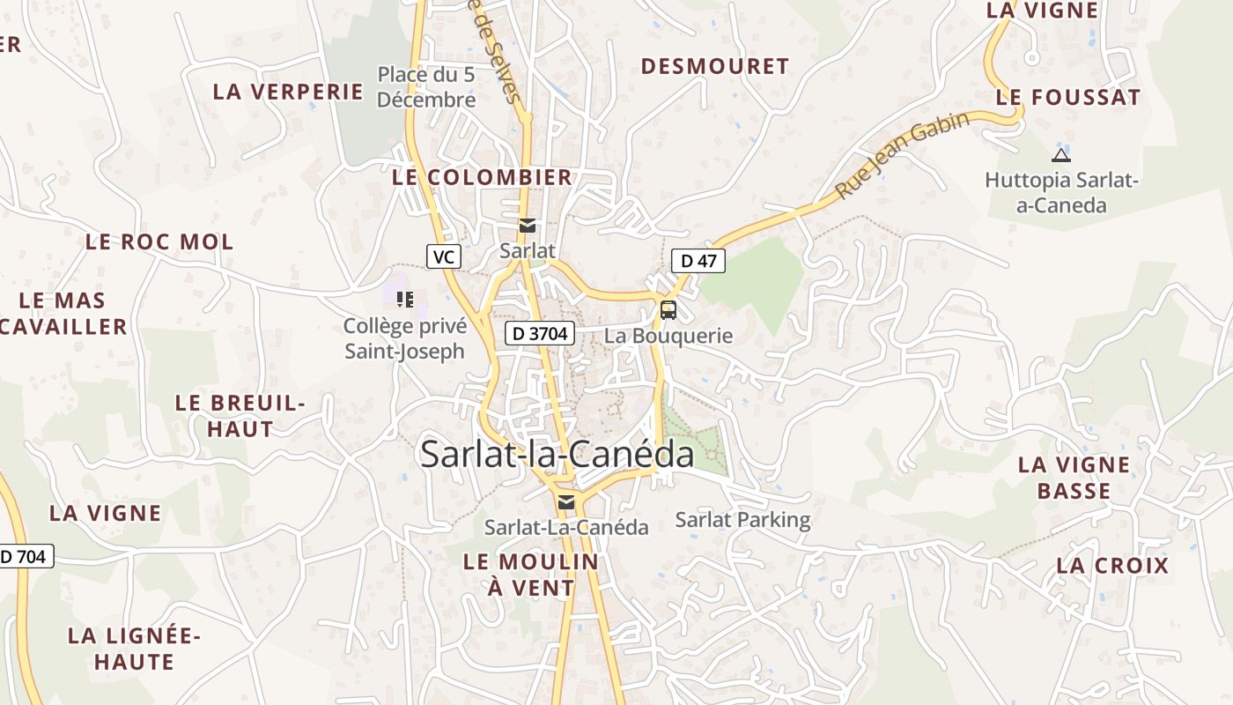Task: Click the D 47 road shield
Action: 698,260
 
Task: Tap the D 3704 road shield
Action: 540,333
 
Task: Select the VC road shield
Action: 444,256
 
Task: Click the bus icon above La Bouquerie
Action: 668,309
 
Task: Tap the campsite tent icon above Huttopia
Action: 1061,156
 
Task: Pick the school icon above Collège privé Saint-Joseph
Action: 404,300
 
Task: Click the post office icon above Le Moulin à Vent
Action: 566,502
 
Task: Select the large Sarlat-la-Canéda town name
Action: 557,455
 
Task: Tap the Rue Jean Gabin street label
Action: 902,154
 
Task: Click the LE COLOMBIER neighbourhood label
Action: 482,177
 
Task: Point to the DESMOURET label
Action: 714,66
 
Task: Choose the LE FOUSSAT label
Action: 1067,98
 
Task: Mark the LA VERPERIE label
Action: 288,92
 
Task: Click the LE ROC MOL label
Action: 159,241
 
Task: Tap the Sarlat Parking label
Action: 742,519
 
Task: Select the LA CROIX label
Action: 1112,566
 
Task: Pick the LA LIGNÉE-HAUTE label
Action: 135,649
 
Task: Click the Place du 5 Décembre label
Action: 426,86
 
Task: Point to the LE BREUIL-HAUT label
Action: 240,416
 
